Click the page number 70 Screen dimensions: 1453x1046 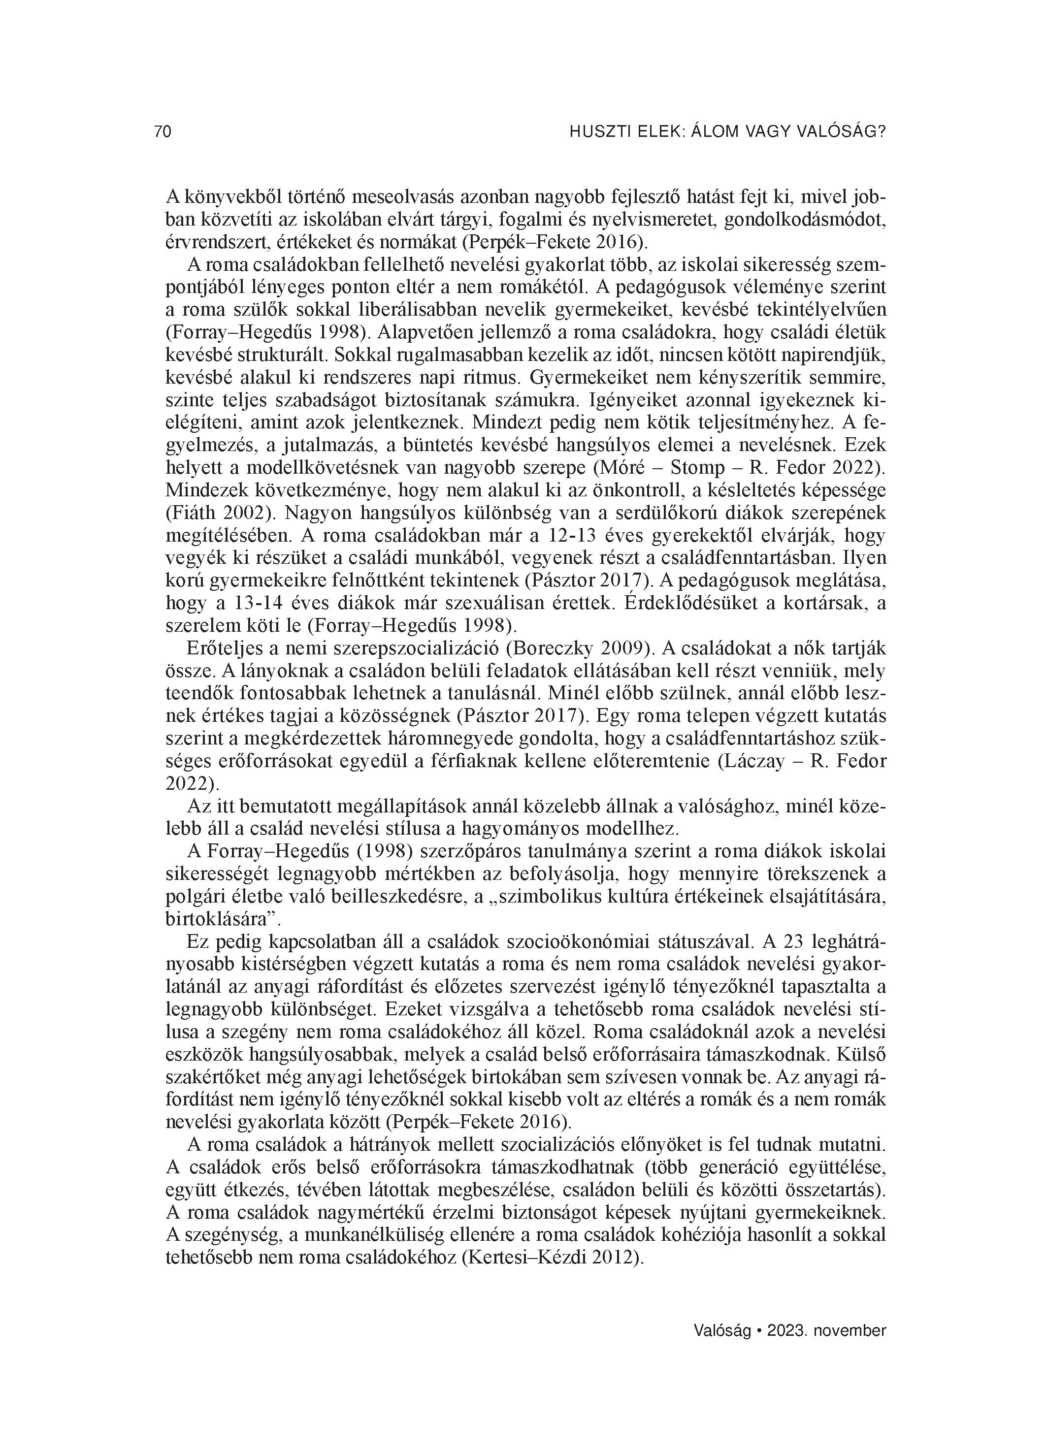163,132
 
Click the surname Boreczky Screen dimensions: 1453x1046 557,648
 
